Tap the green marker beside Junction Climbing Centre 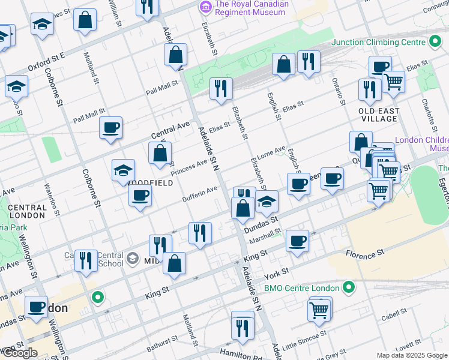point(435,41)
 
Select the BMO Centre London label point(301,287)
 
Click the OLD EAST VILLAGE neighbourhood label point(378,115)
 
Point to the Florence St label point(365,254)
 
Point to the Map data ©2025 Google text point(411,355)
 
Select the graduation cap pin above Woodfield point(123,170)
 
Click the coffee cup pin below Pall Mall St point(110,128)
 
